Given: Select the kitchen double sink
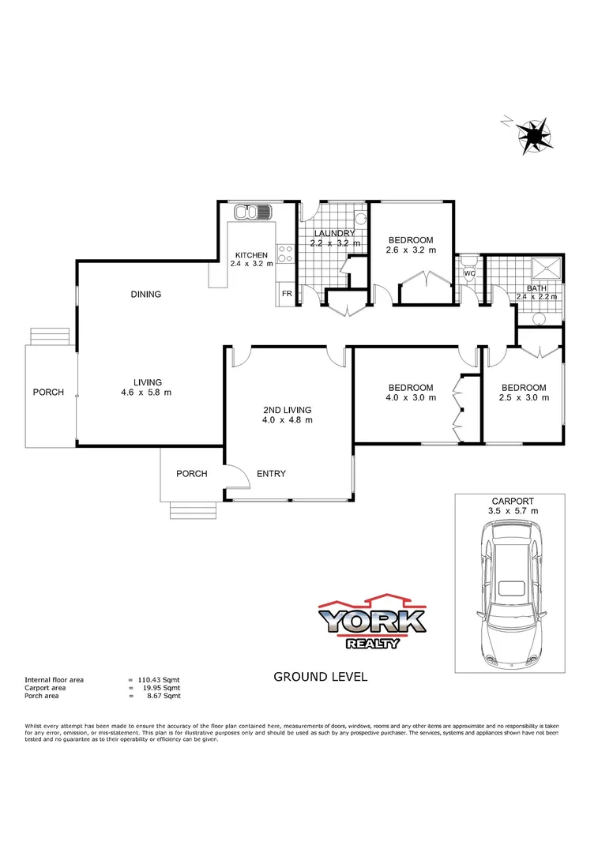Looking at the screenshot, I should click(x=254, y=212).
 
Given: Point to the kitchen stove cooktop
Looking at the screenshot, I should click(x=285, y=254).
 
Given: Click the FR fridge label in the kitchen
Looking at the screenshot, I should click(x=286, y=295).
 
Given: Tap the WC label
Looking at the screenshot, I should click(x=468, y=274).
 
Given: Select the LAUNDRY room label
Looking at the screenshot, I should click(x=335, y=234).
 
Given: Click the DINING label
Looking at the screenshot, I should click(x=146, y=295).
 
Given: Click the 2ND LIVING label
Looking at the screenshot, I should click(x=288, y=410).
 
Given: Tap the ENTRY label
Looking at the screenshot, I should click(x=271, y=474).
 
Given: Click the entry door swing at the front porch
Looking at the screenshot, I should click(x=235, y=475).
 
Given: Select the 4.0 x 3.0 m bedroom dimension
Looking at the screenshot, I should click(x=410, y=398).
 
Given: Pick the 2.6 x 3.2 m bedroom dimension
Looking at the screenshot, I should click(x=410, y=250).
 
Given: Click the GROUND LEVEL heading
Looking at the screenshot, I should click(x=320, y=677).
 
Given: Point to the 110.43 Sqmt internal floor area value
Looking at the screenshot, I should click(x=161, y=679).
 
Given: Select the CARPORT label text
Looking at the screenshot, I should click(x=512, y=501).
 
